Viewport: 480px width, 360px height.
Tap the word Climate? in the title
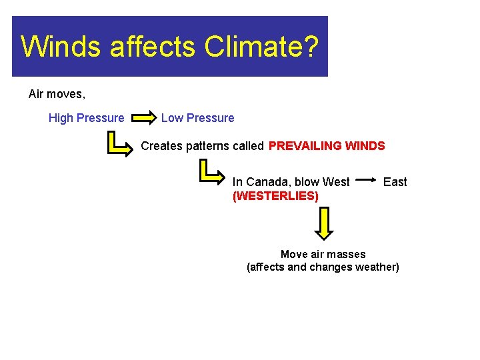[x=262, y=47]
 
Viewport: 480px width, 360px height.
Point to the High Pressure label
[x=86, y=118]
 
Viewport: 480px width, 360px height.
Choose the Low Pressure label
[x=197, y=118]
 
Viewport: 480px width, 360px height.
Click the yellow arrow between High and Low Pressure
[x=142, y=119]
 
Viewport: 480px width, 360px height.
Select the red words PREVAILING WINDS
[x=327, y=145]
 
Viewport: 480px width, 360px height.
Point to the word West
[x=335, y=182]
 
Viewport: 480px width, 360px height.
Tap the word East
[x=395, y=182]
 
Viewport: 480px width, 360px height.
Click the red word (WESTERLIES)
[x=275, y=196]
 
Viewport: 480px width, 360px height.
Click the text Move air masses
[x=323, y=254]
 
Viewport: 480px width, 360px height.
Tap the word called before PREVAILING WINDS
[x=248, y=146]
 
